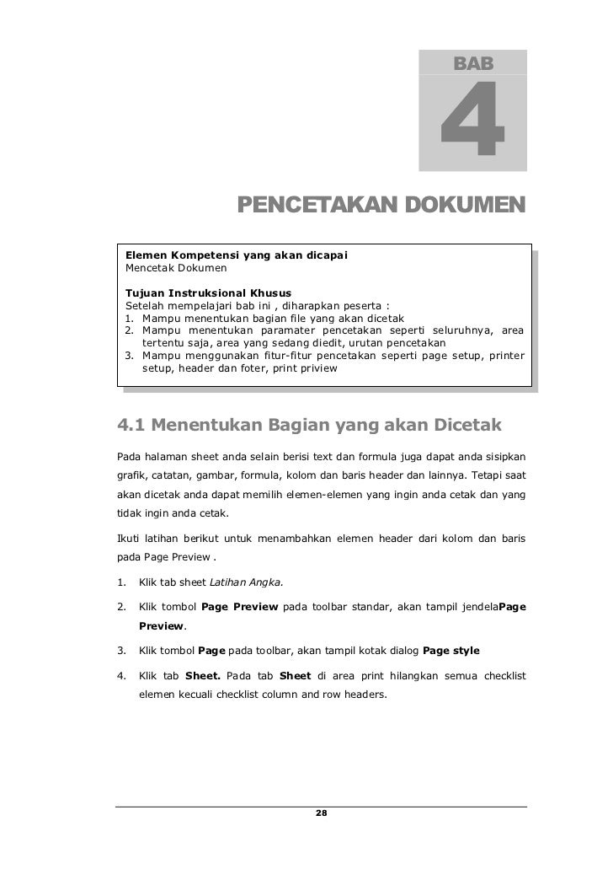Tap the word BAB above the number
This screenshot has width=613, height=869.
click(474, 63)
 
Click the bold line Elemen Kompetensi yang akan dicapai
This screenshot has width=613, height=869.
click(237, 255)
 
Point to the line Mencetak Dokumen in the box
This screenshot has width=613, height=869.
click(176, 269)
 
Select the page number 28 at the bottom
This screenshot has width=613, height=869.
click(321, 813)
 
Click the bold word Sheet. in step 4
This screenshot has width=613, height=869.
click(203, 676)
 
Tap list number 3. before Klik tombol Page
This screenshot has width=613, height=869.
click(121, 652)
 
